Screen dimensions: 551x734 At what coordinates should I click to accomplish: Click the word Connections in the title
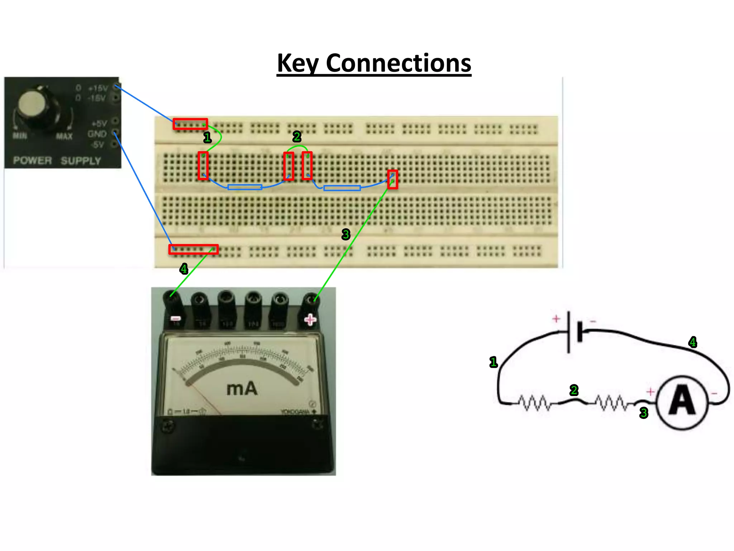tap(398, 63)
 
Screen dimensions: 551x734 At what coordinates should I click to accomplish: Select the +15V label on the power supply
tap(98, 88)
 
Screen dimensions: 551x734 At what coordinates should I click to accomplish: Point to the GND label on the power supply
tap(97, 134)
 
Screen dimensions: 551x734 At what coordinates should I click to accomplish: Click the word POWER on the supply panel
tap(32, 160)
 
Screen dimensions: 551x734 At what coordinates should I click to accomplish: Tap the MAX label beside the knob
tap(64, 136)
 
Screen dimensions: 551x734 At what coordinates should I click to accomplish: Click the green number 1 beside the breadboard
tap(207, 137)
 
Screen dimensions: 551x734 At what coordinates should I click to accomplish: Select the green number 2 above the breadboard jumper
tap(297, 137)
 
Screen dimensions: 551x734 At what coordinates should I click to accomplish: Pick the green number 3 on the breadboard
tap(345, 234)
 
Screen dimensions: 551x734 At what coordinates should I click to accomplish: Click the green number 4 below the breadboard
tap(184, 268)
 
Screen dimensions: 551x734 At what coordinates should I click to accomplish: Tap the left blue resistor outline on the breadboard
tap(245, 187)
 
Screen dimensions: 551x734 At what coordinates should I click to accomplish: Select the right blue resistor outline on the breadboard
tap(342, 188)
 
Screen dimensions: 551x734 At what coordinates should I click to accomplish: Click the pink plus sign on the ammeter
tap(310, 319)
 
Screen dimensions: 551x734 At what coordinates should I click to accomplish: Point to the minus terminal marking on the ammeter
tap(176, 319)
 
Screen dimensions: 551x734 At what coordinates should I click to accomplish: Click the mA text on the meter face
tap(242, 389)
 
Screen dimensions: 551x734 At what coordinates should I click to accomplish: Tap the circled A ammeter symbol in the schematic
tap(682, 402)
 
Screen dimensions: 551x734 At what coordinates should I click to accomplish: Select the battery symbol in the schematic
tap(575, 331)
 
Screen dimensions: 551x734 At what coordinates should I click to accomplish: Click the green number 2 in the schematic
tap(574, 390)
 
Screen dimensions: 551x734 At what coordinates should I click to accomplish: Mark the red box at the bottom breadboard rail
tap(194, 249)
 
